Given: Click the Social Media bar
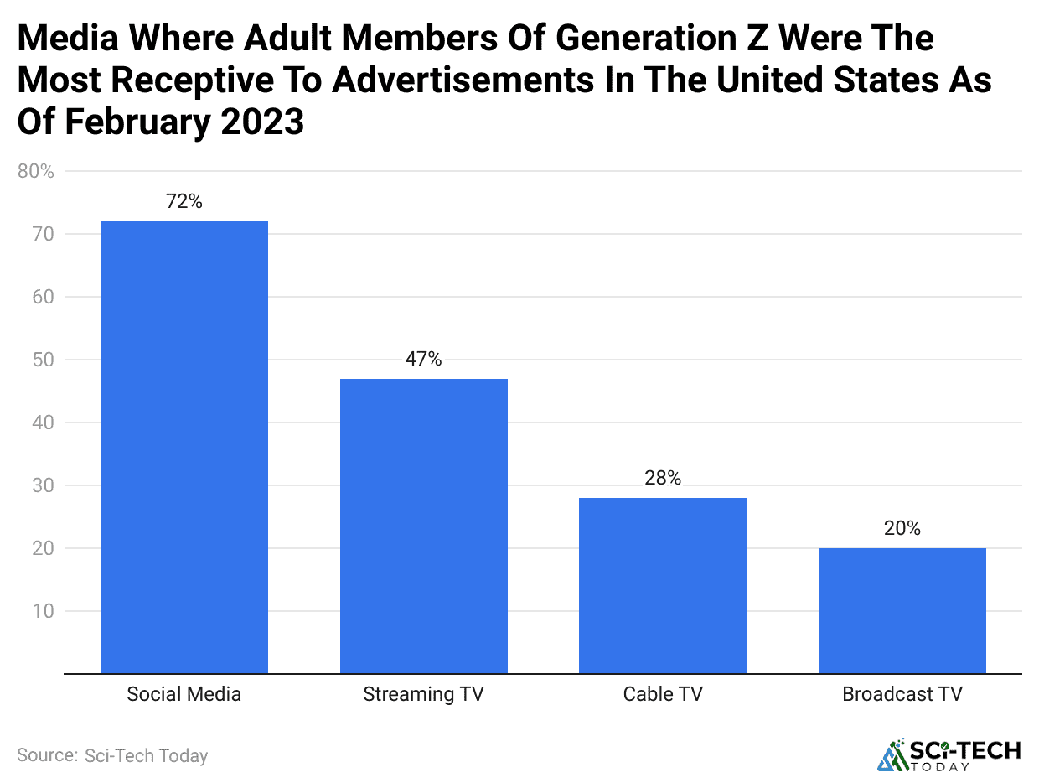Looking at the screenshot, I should [184, 447].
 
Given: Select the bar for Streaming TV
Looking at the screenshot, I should [423, 526].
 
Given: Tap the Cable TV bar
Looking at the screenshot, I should [662, 585].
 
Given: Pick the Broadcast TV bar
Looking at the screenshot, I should [902, 610].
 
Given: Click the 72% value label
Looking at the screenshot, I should [184, 201].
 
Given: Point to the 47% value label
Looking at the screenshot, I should [423, 359].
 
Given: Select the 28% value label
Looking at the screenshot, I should [662, 478].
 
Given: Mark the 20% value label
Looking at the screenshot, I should [902, 528].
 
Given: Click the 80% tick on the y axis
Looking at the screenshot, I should [35, 172].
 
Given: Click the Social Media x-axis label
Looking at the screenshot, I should [184, 694].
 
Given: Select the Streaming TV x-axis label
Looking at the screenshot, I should [423, 694].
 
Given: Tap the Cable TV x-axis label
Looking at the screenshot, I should [662, 694].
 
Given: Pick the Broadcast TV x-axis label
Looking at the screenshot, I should [902, 694].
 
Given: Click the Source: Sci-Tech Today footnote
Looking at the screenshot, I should [112, 755].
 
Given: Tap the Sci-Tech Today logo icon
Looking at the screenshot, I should [891, 754].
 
